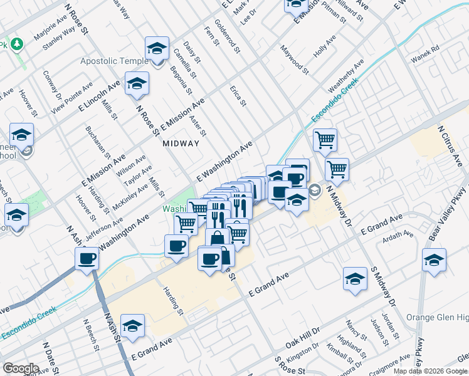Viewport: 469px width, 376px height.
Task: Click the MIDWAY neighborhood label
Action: tap(181, 144)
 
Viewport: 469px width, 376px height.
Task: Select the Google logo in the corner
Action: tap(21, 368)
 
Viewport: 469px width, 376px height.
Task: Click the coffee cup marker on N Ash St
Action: tap(87, 258)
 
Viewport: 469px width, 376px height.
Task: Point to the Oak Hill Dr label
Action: tap(303, 337)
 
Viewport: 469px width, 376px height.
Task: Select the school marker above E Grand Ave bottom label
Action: tap(132, 325)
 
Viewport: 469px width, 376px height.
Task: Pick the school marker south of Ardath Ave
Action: tap(355, 279)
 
